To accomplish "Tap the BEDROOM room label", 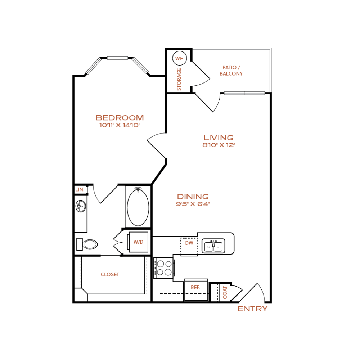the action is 120,118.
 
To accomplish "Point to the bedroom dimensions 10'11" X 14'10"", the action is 120,125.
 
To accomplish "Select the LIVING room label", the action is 219,138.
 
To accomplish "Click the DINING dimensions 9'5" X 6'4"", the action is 193,204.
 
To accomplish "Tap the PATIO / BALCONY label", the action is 231,71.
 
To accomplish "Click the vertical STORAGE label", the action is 179,79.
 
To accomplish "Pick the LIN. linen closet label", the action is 80,190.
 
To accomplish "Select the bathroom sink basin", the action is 81,206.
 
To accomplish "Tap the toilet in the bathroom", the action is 87,244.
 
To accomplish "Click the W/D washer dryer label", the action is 138,242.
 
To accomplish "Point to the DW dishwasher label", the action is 189,243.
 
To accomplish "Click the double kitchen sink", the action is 213,246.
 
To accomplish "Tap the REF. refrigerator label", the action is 195,287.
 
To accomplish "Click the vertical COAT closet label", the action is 225,292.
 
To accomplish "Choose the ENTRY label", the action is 253,309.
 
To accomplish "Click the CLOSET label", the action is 110,274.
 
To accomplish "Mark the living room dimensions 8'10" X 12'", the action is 219,145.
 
